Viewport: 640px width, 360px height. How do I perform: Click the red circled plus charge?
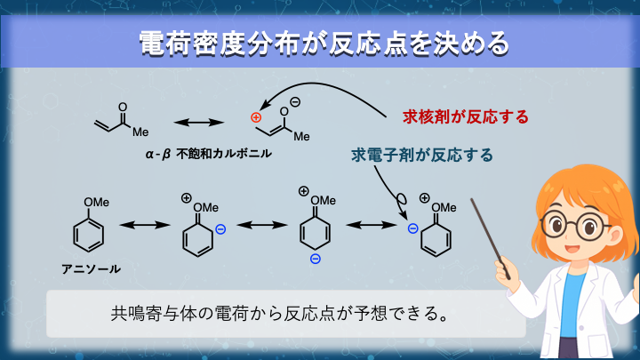(256, 117)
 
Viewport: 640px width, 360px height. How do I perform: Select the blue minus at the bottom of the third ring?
(315, 259)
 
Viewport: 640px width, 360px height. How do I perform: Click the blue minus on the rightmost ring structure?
(412, 228)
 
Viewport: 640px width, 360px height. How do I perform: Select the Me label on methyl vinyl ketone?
(140, 131)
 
